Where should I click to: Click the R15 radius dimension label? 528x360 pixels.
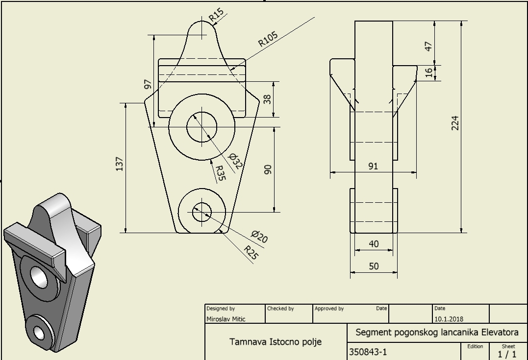point(216,14)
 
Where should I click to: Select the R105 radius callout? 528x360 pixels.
point(268,39)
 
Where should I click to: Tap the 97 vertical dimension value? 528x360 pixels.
point(148,84)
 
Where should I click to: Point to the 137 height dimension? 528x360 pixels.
point(119,164)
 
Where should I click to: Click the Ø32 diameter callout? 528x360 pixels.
point(235,160)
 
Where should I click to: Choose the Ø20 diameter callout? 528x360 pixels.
point(259,237)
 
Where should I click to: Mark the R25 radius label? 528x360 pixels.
point(251,252)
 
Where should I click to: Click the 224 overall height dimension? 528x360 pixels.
point(455,123)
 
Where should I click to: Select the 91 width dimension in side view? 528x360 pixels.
point(373,166)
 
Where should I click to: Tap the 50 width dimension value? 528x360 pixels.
point(374,266)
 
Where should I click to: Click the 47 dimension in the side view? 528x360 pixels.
point(428,46)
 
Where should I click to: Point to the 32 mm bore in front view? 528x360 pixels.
point(201,126)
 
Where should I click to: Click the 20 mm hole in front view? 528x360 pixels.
point(201,213)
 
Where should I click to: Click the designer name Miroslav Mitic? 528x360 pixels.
point(226,319)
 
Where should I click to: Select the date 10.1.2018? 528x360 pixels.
point(449,319)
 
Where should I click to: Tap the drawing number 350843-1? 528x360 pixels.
point(368,352)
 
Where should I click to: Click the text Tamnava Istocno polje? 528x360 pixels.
point(276,341)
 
